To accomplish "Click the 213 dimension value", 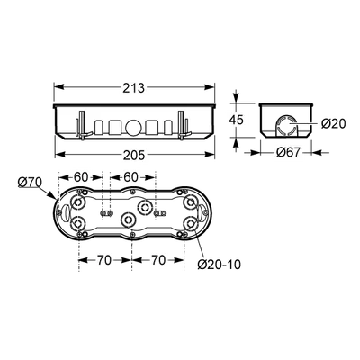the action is click(x=134, y=87).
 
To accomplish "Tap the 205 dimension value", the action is click(x=134, y=155).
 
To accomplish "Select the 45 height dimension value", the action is click(x=236, y=121).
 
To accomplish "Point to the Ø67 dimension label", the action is click(x=288, y=153).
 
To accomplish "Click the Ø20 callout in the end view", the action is click(x=334, y=123).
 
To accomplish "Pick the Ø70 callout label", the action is click(x=30, y=182).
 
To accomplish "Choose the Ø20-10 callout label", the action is click(x=220, y=265).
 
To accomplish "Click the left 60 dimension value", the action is click(x=81, y=177).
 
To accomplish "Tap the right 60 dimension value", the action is click(x=130, y=177).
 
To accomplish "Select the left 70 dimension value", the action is click(x=103, y=260).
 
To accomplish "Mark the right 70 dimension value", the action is click(x=157, y=260).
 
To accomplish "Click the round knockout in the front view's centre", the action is click(x=131, y=128).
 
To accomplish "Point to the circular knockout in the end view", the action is click(x=285, y=123).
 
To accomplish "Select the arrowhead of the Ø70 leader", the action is click(x=51, y=195).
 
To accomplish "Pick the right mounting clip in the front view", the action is click(x=184, y=125).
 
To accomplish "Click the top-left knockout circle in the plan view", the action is click(x=78, y=202).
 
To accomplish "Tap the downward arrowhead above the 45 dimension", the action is click(x=236, y=97).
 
